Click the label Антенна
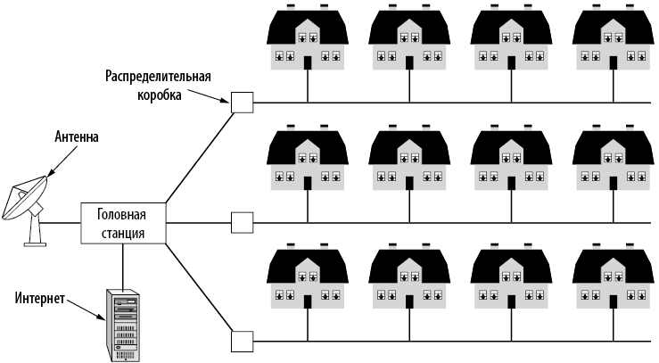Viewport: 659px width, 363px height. coord(77,138)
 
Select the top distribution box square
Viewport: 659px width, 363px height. coord(242,103)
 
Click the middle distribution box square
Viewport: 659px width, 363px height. coord(242,222)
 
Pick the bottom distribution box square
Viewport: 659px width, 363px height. coord(242,342)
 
